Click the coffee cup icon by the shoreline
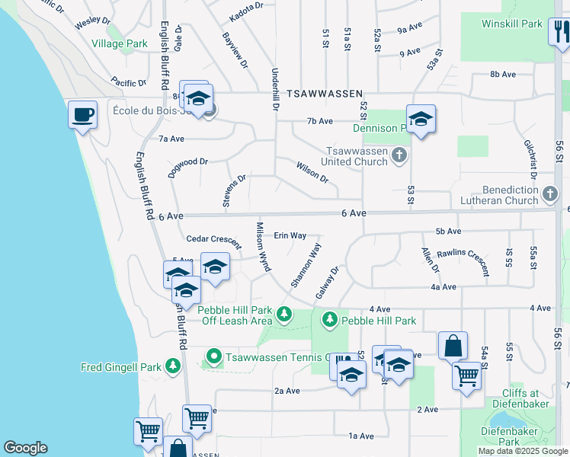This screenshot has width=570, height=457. point(82,115)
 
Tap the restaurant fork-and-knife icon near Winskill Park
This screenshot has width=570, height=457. point(560,32)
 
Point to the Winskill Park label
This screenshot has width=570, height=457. point(512,24)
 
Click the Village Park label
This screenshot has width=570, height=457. point(120,44)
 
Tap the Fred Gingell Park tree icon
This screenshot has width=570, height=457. point(173,367)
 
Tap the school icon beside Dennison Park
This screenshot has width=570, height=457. point(420,120)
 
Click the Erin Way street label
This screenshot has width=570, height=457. point(290,236)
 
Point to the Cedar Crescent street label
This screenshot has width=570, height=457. point(214,239)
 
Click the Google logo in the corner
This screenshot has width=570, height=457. point(25,448)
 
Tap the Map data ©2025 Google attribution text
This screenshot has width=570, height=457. point(522,451)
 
